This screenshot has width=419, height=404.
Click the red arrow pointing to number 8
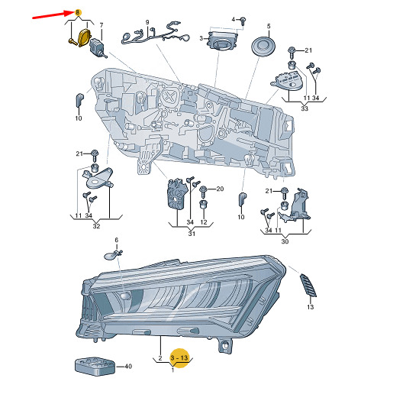tap(53, 15)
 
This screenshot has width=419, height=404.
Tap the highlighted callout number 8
tap(78, 12)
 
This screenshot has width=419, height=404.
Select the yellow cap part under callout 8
tap(85, 37)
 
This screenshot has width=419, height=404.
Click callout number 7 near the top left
tap(102, 25)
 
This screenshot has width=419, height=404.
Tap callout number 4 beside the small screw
tap(234, 20)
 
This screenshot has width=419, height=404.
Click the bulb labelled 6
tap(111, 255)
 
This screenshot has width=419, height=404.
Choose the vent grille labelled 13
tap(308, 286)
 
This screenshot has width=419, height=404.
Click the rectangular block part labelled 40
tap(95, 366)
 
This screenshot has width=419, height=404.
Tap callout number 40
tap(128, 366)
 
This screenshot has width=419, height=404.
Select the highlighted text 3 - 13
tap(179, 357)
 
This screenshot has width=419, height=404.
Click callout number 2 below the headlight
tap(160, 357)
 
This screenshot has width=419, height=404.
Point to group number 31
tap(192, 234)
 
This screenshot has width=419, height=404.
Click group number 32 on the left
tap(96, 226)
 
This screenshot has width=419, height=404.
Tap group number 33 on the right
tap(305, 108)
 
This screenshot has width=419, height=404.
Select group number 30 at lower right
tap(285, 241)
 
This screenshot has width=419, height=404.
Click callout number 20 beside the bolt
tap(220, 189)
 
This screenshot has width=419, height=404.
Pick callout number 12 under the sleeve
tap(204, 222)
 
